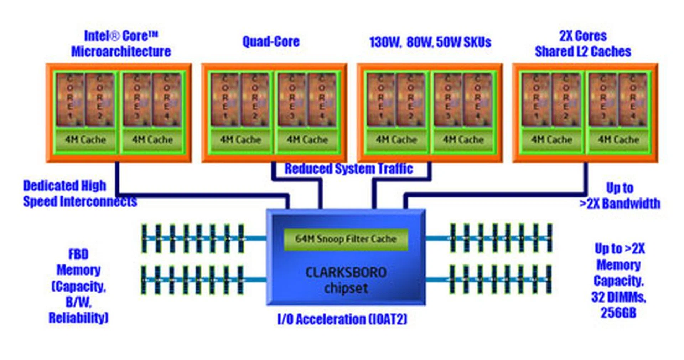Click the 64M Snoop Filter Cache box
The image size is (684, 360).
(x=346, y=239)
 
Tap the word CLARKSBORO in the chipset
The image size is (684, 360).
(x=346, y=273)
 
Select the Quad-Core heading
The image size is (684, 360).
(x=271, y=42)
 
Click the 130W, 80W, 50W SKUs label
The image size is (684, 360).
(x=430, y=42)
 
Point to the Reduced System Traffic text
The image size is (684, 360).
(x=348, y=169)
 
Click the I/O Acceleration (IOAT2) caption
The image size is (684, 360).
(x=342, y=319)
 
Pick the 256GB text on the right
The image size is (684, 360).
(x=618, y=313)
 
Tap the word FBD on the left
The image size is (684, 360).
(x=78, y=254)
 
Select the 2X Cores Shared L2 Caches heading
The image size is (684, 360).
(x=583, y=44)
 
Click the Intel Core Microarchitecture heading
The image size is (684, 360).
(x=121, y=44)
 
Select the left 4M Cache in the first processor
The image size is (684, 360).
(x=85, y=140)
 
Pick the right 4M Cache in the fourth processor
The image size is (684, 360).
(x=618, y=140)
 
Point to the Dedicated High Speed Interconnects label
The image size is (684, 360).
(x=80, y=194)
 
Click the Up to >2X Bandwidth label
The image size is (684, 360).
(x=620, y=196)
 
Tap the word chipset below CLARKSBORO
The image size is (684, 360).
(x=346, y=288)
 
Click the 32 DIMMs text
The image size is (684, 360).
(x=618, y=297)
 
